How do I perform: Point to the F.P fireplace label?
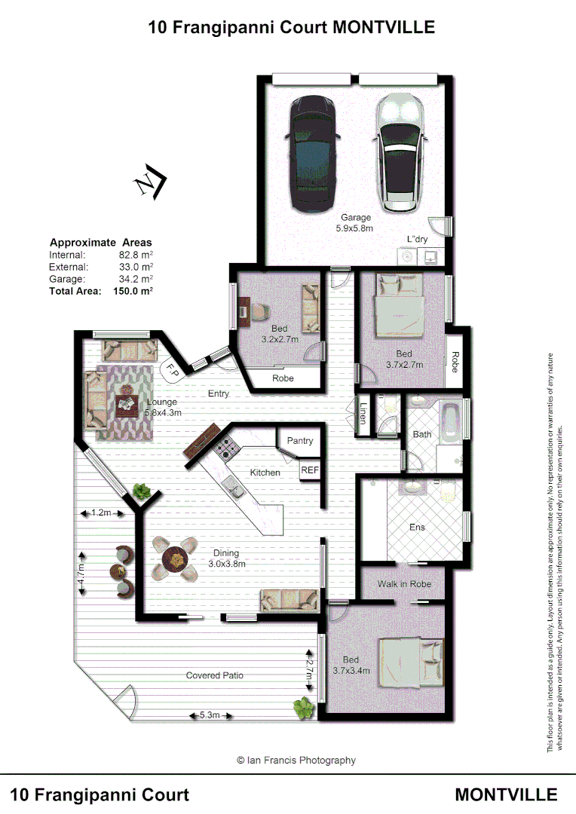172,370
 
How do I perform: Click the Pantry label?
299,441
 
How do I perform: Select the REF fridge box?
310,470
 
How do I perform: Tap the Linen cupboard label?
363,412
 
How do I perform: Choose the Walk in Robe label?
404,584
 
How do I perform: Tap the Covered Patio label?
214,675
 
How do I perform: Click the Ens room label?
417,528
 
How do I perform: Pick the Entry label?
219,394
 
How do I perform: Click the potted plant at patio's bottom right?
303,707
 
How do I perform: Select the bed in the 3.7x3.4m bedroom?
411,663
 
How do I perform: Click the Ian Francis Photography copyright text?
296,760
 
